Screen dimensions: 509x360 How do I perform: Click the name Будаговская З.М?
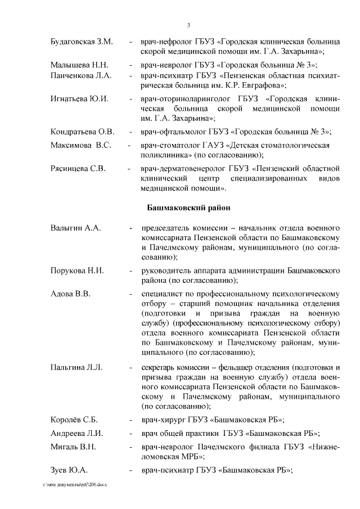pyautogui.click(x=82, y=42)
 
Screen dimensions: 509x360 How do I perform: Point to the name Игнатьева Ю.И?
pyautogui.click(x=79, y=98)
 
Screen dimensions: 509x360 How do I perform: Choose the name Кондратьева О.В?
pyautogui.click(x=82, y=132)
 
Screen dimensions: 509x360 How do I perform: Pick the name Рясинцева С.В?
pyautogui.click(x=79, y=168)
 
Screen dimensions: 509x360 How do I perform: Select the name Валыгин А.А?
pyautogui.click(x=75, y=229)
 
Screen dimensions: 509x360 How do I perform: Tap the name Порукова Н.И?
pyautogui.click(x=77, y=271)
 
